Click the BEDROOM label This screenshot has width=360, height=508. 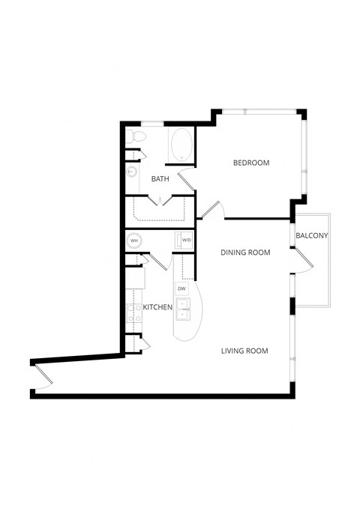tap(250, 163)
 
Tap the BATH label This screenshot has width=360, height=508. tap(160, 179)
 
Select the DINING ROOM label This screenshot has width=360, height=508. tap(245, 253)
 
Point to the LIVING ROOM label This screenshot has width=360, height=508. tap(244, 351)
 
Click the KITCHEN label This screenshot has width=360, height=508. tap(157, 307)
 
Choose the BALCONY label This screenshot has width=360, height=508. tap(312, 236)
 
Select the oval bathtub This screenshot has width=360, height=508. tap(181, 144)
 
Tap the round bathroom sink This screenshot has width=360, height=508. tap(131, 172)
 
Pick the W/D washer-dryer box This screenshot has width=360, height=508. tap(184, 241)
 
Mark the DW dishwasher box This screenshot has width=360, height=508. tap(181, 288)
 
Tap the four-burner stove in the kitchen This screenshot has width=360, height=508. tap(134, 313)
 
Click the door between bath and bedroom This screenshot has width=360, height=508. tap(187, 178)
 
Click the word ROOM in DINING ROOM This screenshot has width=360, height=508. tap(258, 253)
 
